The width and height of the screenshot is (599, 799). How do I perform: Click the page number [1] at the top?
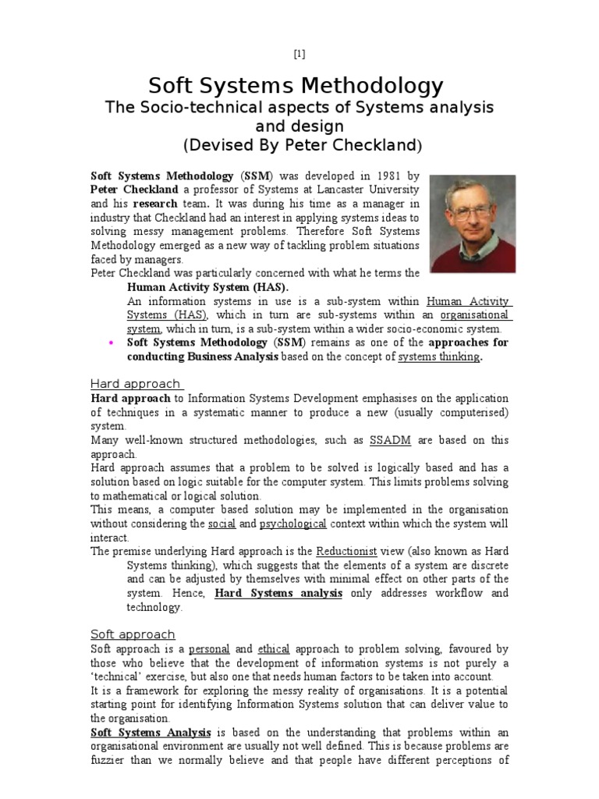[299, 54]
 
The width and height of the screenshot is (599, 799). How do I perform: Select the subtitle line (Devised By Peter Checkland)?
[299, 145]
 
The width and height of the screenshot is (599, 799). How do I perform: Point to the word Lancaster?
[356, 190]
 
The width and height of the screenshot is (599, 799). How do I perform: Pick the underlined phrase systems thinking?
[438, 357]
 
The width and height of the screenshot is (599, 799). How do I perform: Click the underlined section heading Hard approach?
[136, 383]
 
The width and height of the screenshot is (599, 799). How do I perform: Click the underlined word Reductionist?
[347, 551]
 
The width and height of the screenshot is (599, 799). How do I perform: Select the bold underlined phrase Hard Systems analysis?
[278, 593]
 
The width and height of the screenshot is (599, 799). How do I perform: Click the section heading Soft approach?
[133, 634]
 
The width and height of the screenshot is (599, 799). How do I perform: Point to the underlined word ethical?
[274, 648]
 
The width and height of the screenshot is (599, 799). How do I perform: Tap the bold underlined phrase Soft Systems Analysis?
[151, 732]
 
